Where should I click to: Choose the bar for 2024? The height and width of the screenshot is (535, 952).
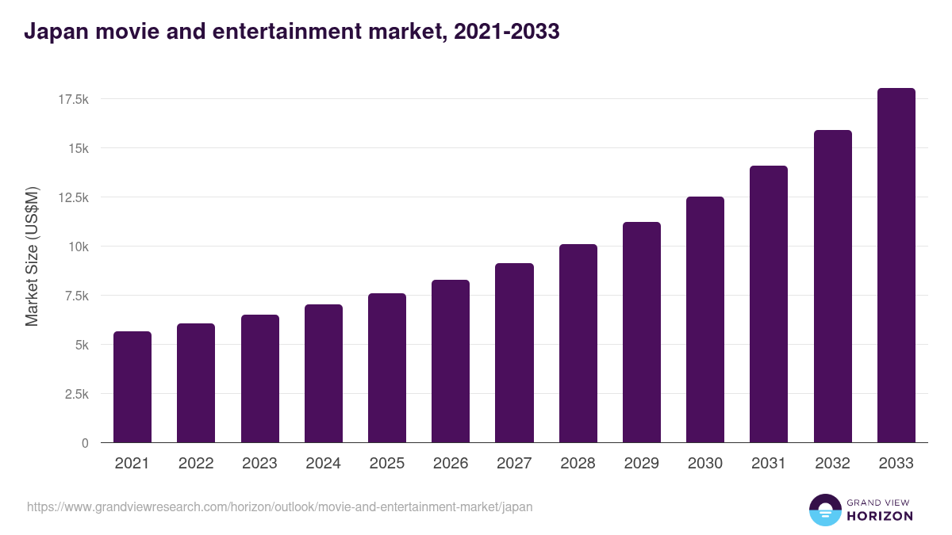tap(324, 373)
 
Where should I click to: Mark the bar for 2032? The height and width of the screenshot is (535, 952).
tap(832, 286)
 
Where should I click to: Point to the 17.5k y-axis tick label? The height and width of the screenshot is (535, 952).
tap(72, 99)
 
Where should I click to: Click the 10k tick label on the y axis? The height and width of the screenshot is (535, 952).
tap(78, 246)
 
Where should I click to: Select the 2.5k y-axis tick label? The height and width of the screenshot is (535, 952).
tap(75, 394)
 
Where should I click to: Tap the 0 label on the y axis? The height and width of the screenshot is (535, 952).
tap(84, 443)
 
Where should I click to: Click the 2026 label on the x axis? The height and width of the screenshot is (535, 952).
tap(451, 464)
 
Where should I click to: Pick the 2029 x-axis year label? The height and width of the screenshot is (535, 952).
tap(641, 464)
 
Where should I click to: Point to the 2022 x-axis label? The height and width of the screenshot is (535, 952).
tap(196, 464)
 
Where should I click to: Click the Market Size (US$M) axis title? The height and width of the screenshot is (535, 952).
tap(32, 257)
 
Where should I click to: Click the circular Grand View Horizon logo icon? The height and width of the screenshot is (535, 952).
tap(824, 510)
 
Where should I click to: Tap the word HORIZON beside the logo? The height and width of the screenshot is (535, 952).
tap(879, 516)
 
